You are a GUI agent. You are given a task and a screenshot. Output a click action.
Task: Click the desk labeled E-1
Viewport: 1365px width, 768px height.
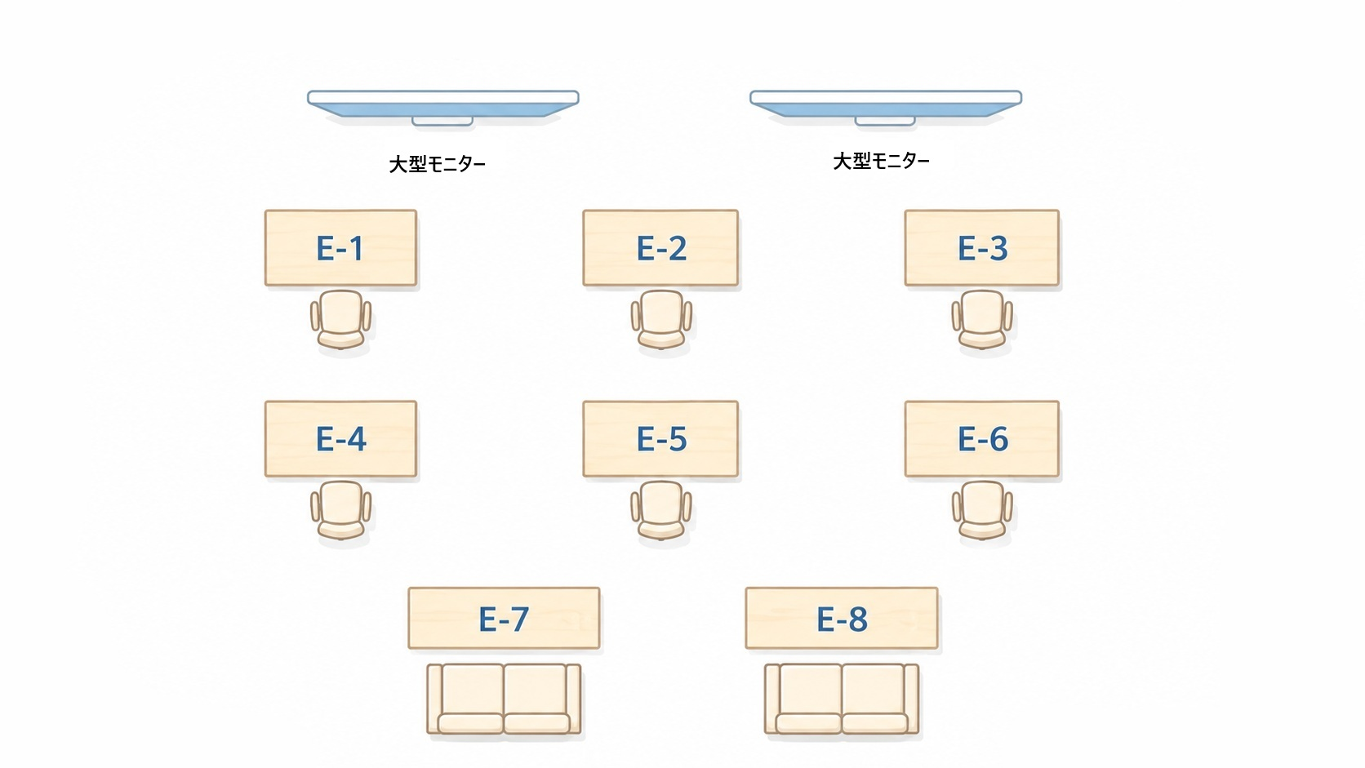coord(340,248)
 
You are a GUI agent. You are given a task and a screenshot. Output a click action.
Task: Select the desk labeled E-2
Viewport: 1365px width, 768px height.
coord(660,248)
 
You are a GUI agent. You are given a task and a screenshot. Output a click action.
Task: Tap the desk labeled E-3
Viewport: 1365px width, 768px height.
coord(981,248)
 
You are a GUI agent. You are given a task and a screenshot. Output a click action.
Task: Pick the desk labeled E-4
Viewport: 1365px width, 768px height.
coord(340,438)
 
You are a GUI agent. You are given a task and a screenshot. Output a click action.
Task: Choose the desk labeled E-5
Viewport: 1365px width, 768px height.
coord(660,438)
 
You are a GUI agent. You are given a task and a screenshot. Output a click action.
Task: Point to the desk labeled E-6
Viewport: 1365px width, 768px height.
coord(981,438)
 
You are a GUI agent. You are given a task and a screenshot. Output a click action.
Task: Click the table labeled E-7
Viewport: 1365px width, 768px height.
coord(504,618)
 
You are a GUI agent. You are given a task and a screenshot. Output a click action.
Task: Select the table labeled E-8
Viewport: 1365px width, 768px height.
coord(842,618)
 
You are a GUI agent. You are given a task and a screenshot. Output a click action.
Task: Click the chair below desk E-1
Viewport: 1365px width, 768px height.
coord(340,320)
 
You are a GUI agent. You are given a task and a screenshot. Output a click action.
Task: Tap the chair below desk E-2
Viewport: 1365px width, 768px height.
coord(661,320)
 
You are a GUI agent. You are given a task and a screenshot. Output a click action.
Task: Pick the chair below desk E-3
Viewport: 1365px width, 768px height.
coord(982,320)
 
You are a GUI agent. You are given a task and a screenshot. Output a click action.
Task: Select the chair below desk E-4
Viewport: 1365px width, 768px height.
coord(340,510)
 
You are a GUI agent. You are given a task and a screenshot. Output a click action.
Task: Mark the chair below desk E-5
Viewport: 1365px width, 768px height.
coord(661,510)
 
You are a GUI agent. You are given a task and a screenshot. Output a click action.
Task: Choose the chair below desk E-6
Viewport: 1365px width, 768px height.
coord(982,510)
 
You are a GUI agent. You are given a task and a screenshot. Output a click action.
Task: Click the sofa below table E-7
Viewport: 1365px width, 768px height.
coord(504,699)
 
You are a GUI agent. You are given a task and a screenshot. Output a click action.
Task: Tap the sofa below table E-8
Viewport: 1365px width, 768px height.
coord(842,699)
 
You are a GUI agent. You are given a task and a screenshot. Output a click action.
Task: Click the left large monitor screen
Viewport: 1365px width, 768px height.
coord(443,104)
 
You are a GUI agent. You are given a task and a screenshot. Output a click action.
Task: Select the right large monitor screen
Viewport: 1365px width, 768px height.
coord(886,104)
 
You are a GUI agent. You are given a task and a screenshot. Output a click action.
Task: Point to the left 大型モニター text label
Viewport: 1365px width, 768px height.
coord(437,164)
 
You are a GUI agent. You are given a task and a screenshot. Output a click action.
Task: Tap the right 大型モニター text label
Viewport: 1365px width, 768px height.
coord(881,162)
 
